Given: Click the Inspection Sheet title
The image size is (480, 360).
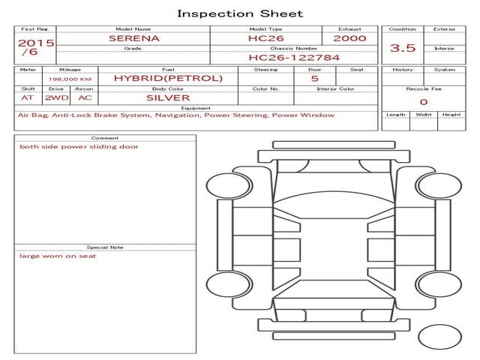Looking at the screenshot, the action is coord(240,13).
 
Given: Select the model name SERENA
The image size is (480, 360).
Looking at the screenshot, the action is coord(134,38).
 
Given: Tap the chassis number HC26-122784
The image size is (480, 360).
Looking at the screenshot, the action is coord(294,58).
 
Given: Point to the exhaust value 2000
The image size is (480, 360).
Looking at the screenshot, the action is coord(349,38).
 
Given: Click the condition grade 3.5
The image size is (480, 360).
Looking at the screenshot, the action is coord(403,48).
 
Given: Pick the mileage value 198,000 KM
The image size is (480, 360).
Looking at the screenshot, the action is coord(70,79).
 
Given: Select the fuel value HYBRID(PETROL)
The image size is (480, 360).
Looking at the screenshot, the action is coord(168,78).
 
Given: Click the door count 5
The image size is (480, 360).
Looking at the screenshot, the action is coord(315,79).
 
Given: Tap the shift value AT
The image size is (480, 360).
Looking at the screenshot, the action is coord(27,98).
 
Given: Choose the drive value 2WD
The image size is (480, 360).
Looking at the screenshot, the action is coord(57,98).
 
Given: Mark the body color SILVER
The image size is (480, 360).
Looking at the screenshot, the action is coord(168,98).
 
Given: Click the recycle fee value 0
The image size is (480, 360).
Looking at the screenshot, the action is coord(424,102).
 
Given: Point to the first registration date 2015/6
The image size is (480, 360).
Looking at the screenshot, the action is coord(36,47).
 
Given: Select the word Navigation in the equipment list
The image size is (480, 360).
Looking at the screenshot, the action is coord(178,115).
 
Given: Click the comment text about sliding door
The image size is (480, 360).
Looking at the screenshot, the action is coord(79,147).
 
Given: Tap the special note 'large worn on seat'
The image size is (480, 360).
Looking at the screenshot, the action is coord(58,256).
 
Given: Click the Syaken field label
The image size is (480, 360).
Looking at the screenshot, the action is coord(445,70).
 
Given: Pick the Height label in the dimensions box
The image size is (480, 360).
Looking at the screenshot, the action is coord(451,115).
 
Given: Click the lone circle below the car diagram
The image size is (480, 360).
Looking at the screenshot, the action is coord(439,337).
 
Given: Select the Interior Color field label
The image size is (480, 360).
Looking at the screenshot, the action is coord(335,89).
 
